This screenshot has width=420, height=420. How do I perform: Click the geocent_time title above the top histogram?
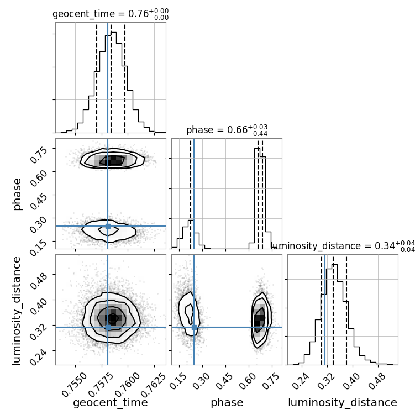[111, 14]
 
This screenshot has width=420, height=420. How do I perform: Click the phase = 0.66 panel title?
[227, 130]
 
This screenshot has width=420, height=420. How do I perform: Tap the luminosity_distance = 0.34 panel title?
[343, 246]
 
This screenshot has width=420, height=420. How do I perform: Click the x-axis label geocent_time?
[111, 403]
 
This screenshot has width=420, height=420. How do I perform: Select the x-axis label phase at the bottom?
[227, 403]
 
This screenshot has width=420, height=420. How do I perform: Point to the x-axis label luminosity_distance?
[343, 403]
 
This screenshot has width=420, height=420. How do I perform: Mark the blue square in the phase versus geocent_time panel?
[108, 226]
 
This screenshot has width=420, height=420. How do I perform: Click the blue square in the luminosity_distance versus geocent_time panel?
[108, 327]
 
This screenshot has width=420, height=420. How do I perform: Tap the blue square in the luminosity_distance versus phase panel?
[194, 327]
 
